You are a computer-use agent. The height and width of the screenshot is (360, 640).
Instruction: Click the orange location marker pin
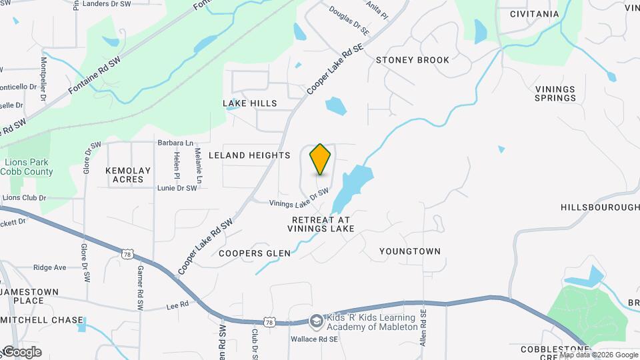(321, 159)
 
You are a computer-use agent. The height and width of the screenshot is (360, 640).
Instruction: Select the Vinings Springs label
(555, 93)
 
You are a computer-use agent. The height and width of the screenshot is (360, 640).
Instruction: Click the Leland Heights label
(249, 155)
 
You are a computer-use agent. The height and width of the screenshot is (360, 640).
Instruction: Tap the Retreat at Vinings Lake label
(321, 224)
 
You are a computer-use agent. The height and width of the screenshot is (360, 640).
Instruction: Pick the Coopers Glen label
(255, 253)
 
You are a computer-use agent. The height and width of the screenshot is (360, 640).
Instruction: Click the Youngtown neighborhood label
(410, 251)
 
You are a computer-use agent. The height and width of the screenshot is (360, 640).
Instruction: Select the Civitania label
(534, 14)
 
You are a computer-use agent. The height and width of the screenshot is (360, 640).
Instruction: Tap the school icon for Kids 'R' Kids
(316, 321)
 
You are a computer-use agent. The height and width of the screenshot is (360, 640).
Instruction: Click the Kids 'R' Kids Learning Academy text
(371, 322)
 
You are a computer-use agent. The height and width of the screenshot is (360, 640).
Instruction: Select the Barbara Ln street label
(175, 143)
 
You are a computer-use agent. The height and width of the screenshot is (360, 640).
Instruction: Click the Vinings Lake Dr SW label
(299, 199)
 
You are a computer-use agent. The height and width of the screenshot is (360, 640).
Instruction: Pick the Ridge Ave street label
(49, 267)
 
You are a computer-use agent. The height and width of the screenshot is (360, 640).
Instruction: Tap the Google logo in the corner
(21, 351)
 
